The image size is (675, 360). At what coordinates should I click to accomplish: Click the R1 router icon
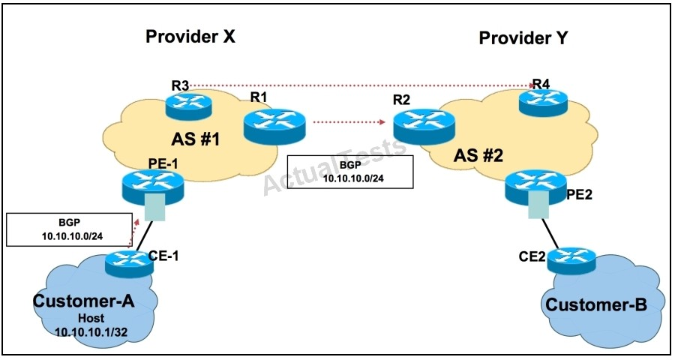(274, 126)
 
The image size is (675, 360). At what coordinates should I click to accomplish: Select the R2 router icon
(424, 126)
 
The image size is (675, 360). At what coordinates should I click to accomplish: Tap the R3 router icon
(188, 106)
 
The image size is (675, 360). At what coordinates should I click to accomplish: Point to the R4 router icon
(543, 103)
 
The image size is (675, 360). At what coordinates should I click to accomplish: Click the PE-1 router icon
(153, 187)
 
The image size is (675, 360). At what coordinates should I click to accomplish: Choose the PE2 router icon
(536, 187)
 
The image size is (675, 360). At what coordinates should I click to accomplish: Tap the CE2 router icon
(571, 259)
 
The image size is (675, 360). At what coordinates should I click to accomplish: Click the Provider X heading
(190, 36)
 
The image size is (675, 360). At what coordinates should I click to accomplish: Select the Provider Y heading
(523, 38)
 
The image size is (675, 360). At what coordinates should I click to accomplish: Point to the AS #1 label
(196, 139)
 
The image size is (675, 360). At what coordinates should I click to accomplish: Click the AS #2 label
(478, 155)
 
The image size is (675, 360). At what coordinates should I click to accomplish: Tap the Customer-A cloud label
(83, 301)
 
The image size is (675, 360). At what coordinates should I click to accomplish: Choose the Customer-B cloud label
(596, 305)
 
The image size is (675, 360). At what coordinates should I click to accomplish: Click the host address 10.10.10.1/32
(91, 332)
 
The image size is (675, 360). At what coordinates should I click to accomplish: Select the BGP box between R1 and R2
(350, 172)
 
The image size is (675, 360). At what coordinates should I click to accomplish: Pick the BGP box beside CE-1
(69, 229)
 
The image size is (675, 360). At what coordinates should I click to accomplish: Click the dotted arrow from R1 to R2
(349, 121)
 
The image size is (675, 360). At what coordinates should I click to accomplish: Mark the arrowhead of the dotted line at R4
(531, 85)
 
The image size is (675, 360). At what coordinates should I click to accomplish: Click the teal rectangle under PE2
(537, 205)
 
